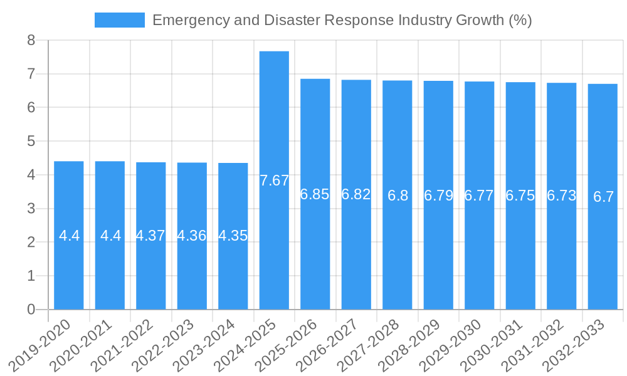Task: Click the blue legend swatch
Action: pos(119,20)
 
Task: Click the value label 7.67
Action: pos(274,180)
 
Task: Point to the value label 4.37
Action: pos(150,236)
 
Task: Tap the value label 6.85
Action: pos(315,194)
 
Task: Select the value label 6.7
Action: pos(603,197)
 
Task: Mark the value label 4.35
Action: pos(233,236)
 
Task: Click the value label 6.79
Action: pos(438,196)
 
